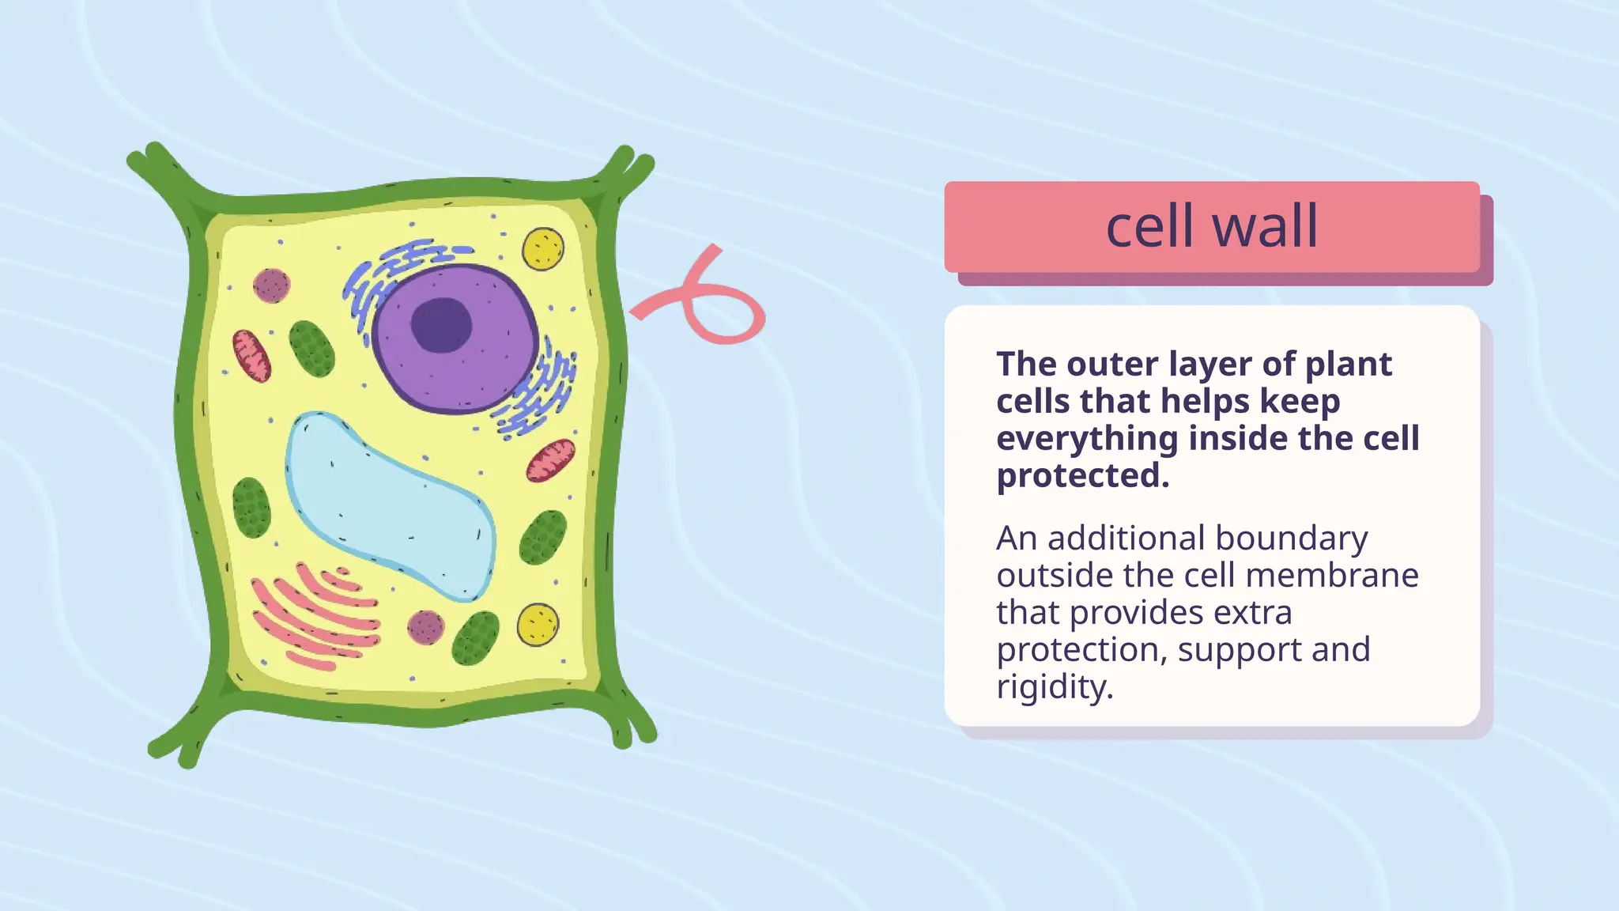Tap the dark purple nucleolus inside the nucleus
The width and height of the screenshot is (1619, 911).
click(x=441, y=325)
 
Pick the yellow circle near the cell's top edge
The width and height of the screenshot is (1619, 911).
click(x=543, y=248)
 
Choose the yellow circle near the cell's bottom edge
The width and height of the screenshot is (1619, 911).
click(x=538, y=624)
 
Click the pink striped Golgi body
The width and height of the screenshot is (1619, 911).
click(x=316, y=617)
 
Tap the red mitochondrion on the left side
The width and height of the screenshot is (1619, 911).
click(x=251, y=356)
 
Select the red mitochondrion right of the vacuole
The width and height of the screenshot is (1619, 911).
click(x=551, y=461)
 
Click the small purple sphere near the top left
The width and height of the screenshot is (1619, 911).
click(x=271, y=285)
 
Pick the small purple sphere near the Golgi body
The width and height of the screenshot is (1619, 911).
click(x=425, y=627)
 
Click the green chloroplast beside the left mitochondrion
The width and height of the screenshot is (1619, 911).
click(x=311, y=349)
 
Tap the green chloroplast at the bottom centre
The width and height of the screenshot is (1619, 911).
click(x=475, y=638)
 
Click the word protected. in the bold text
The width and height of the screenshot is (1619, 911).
click(x=1082, y=476)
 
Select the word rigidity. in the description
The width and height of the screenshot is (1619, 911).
click(x=1055, y=686)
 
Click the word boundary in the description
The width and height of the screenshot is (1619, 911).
click(x=1291, y=538)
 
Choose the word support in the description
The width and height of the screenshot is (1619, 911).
click(x=1240, y=649)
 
